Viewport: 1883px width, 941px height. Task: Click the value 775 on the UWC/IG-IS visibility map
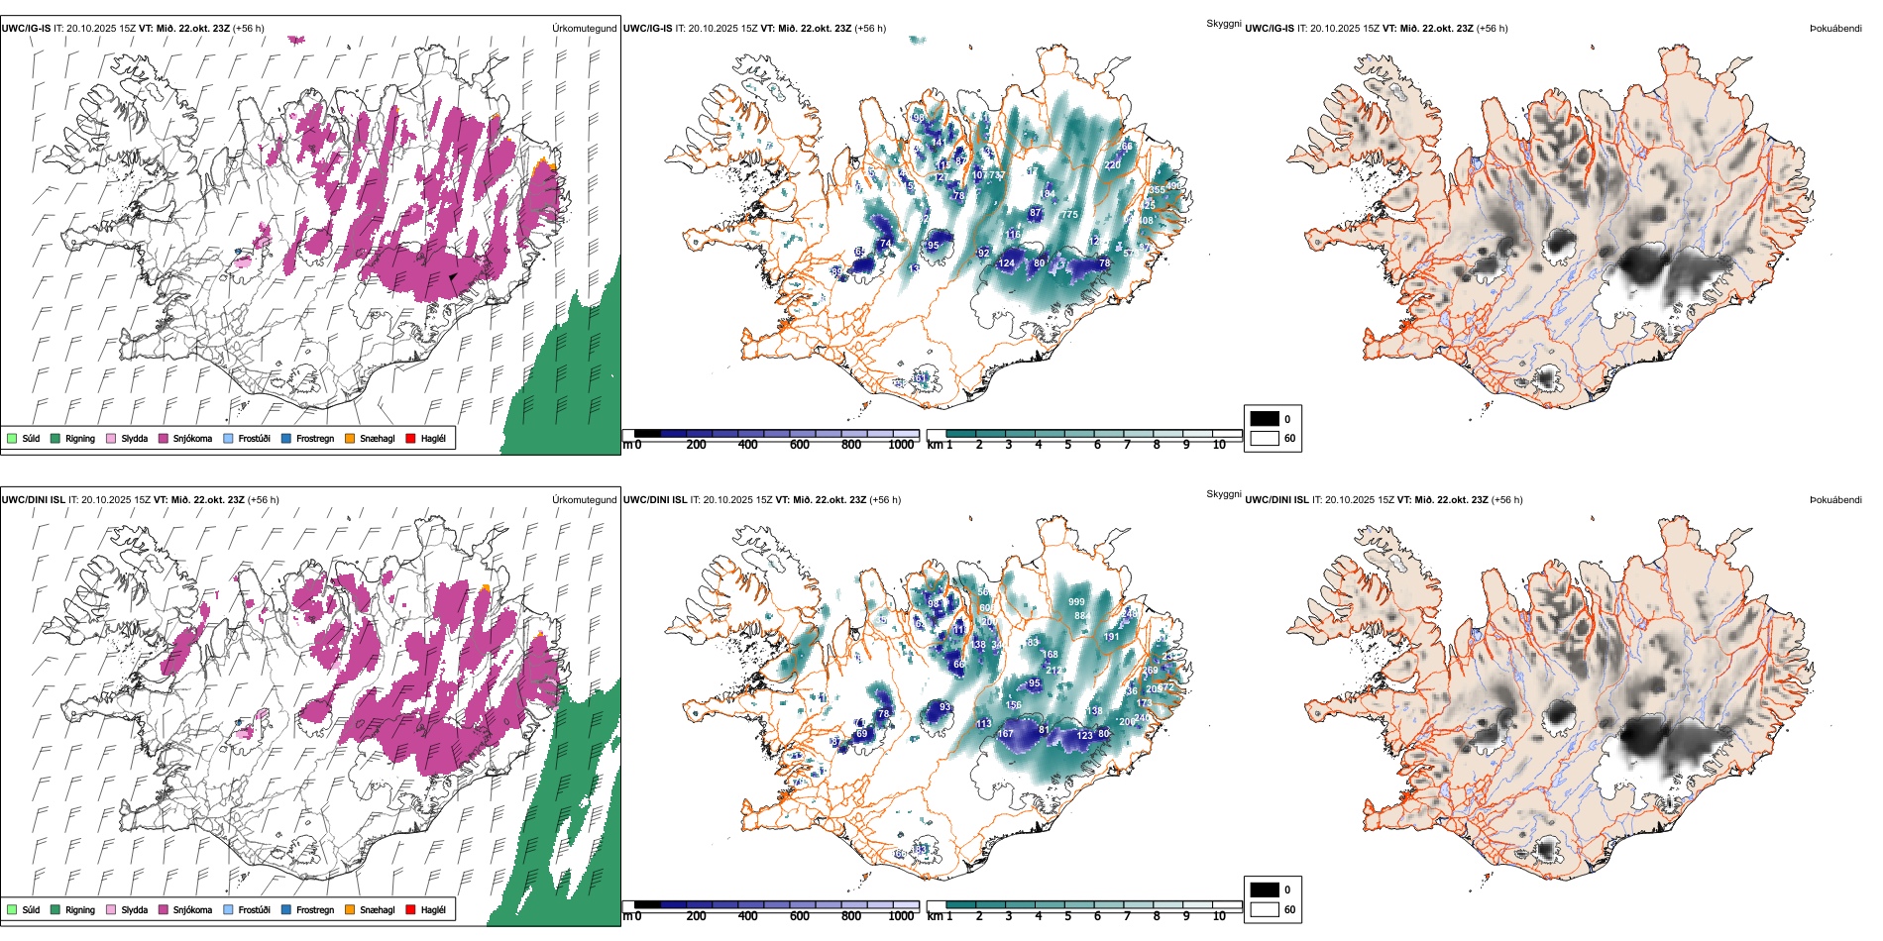click(1069, 215)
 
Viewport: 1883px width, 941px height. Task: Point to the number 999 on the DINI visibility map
click(1076, 602)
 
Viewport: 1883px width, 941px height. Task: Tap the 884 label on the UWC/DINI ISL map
click(1082, 616)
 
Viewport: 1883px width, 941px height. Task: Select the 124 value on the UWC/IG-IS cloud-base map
click(1007, 263)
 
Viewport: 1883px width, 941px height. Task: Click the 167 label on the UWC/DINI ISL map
click(1006, 734)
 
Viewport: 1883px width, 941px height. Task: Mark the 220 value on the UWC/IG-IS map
click(1113, 165)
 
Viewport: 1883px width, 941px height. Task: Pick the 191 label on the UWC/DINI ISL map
click(1112, 637)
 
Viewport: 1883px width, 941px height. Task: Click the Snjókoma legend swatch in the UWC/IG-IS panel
click(164, 438)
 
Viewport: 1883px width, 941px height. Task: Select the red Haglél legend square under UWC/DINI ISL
click(410, 909)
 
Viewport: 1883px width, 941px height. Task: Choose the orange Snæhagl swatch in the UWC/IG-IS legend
click(350, 438)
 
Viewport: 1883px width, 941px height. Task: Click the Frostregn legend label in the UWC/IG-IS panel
click(315, 438)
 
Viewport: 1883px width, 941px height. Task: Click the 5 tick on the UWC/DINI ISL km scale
click(1068, 916)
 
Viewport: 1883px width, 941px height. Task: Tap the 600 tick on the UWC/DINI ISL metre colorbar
click(800, 916)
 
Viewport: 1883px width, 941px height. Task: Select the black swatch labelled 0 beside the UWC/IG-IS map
click(1265, 418)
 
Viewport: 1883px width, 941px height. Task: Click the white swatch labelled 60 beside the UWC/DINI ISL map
click(1265, 909)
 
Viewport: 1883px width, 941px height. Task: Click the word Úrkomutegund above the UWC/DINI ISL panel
click(584, 499)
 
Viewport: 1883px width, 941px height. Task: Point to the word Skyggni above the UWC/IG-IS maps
click(1224, 23)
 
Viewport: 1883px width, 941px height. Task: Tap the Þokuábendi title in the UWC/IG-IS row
click(1835, 28)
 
